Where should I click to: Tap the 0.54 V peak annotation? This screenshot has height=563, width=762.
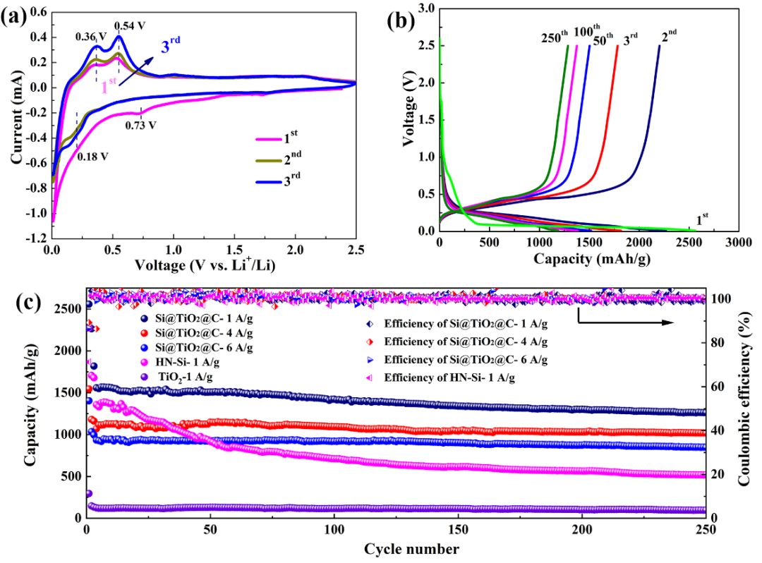130,26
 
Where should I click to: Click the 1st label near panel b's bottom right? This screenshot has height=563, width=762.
703,220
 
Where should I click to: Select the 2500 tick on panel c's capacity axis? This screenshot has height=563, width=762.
68,309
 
